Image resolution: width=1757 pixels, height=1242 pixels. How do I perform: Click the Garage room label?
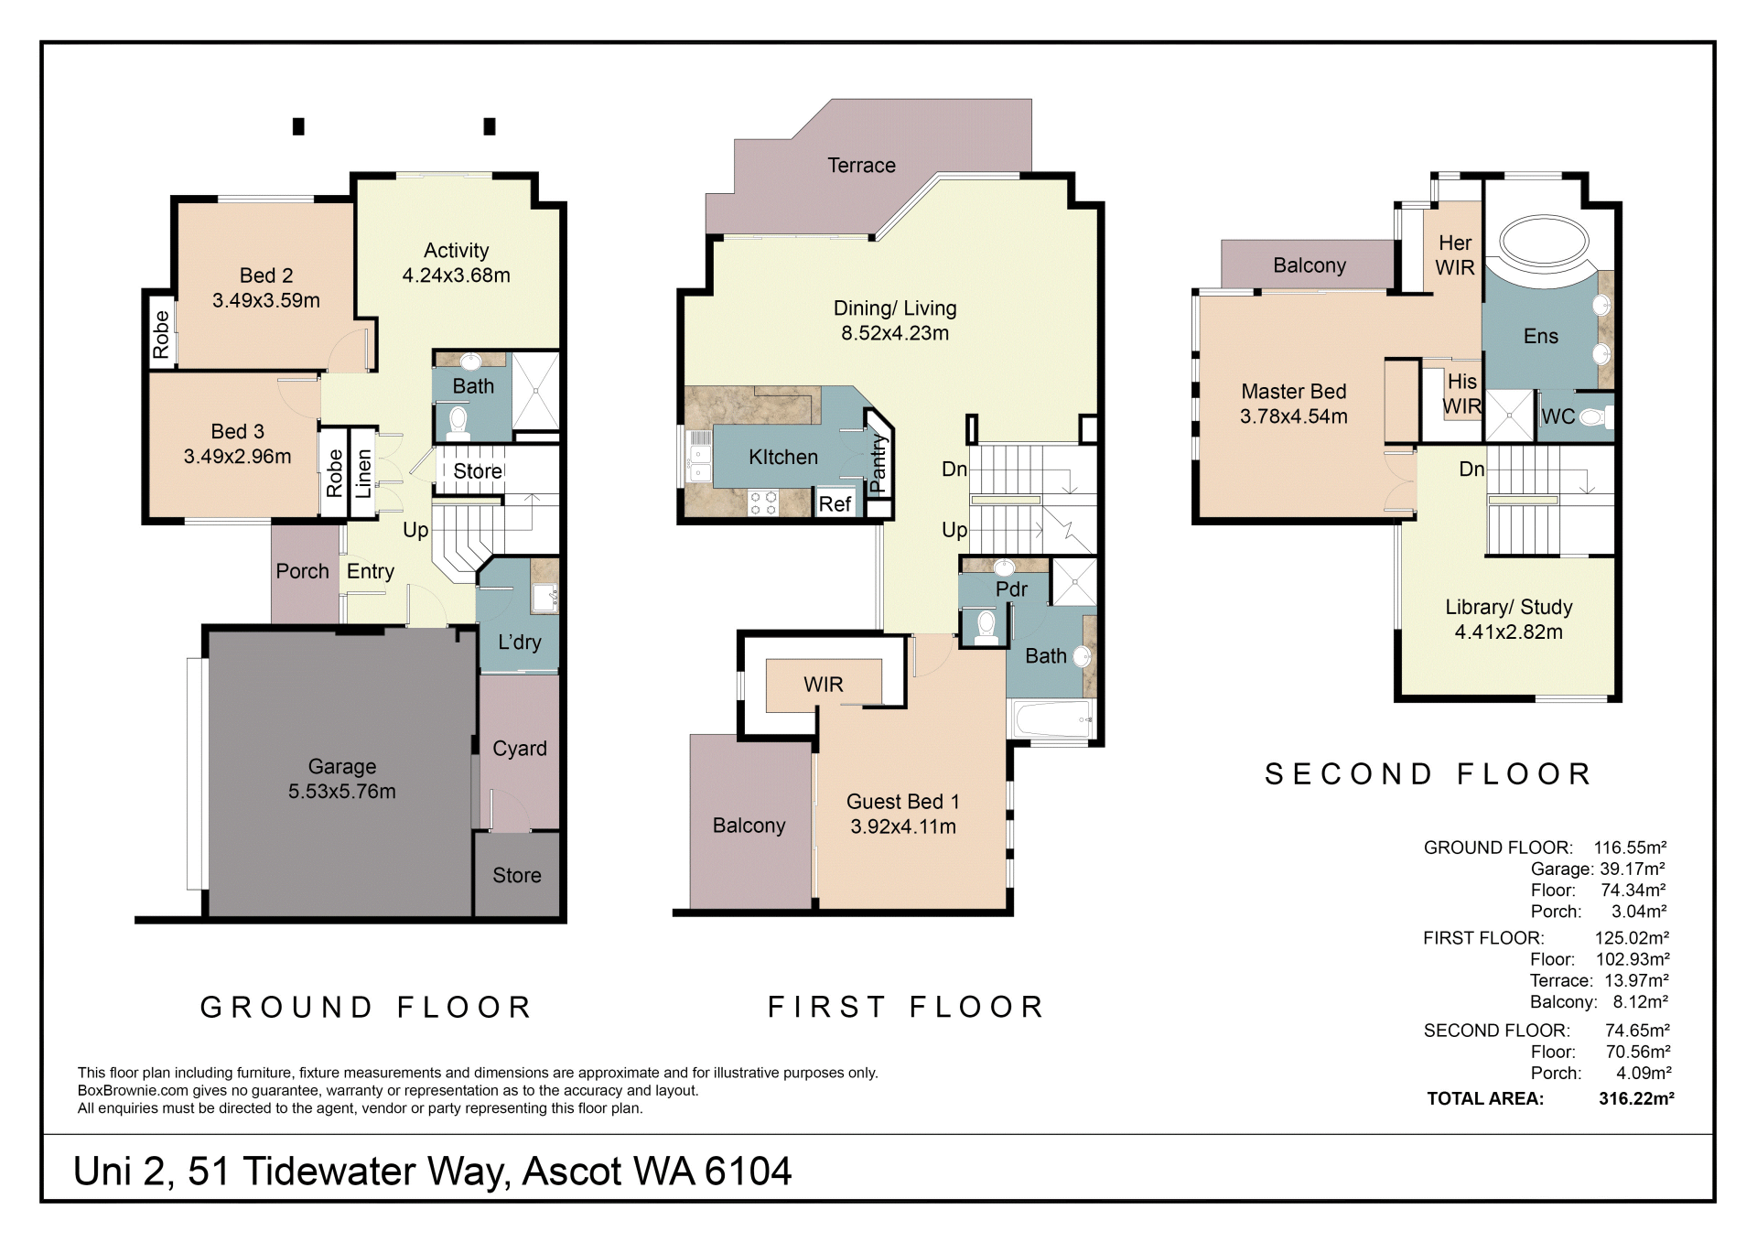coord(341,766)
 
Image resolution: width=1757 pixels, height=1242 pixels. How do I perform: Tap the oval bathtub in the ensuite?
coord(1544,242)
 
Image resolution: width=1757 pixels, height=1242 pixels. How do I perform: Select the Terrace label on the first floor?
coord(861,165)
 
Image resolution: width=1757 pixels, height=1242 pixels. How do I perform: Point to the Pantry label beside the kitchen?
coord(878,464)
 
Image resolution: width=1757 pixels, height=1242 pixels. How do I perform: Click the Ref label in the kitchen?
coord(835,503)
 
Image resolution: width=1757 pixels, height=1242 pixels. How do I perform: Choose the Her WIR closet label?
coord(1455,254)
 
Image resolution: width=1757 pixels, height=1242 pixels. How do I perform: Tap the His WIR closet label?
coord(1461,394)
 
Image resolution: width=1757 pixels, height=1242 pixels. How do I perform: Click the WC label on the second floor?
coord(1558,416)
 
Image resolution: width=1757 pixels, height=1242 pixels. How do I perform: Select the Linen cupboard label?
coord(363,473)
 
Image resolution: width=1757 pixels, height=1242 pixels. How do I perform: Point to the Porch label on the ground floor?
coord(302,571)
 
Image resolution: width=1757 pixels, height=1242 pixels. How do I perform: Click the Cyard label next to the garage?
coord(520,749)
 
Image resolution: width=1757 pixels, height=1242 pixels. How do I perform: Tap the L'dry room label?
coord(520,643)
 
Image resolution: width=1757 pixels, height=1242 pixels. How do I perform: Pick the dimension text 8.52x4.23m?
coord(895,333)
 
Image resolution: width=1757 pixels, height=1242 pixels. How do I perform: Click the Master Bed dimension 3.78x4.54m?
coord(1293,416)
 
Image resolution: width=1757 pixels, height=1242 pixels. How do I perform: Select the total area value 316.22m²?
coord(1636,1098)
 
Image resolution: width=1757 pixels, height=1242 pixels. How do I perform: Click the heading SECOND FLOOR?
coord(1428,774)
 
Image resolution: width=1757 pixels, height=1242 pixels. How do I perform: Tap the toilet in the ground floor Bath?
coord(458,423)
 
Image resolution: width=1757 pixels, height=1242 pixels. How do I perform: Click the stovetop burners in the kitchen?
coord(763,502)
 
